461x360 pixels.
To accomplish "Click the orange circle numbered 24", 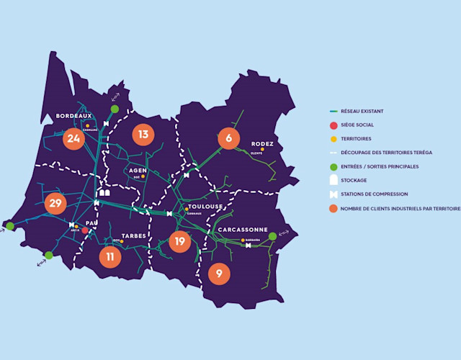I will click(73, 138).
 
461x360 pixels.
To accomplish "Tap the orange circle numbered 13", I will click(143, 135).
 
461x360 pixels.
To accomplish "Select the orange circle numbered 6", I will click(228, 138).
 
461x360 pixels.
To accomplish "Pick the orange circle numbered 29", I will click(55, 204).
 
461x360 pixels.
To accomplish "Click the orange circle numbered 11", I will click(109, 256).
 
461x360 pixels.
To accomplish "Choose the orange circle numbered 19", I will click(179, 241).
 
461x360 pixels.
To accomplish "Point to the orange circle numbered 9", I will click(219, 273).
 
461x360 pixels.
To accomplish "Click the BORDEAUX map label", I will click(73, 116).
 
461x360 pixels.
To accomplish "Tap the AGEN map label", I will click(138, 170).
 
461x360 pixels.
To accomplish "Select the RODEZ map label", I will click(262, 143).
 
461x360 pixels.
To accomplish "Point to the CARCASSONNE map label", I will click(243, 230).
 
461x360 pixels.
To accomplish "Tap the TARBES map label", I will click(134, 235).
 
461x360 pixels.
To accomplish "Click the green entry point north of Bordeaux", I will click(115, 109).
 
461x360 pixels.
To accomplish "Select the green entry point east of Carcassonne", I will click(272, 236).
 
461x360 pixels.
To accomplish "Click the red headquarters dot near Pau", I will click(85, 230).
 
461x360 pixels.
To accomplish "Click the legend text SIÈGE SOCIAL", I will click(358, 125).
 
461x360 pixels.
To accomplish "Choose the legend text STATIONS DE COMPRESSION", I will click(375, 194).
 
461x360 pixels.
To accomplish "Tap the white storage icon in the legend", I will click(333, 180).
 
